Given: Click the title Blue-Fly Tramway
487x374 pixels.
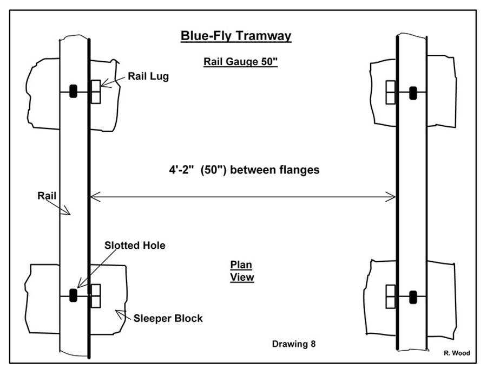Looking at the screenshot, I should (x=235, y=36).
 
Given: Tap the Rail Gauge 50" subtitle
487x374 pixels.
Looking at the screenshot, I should (x=240, y=62).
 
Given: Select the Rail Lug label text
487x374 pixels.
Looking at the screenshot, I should (x=148, y=76).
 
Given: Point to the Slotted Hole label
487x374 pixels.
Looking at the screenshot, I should (x=135, y=246).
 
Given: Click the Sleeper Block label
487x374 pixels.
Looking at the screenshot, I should (x=168, y=318).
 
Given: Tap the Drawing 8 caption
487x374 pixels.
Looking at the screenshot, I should (x=294, y=344).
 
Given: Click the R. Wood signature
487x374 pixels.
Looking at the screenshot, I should (x=457, y=353).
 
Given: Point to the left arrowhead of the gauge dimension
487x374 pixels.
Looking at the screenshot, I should (x=93, y=197).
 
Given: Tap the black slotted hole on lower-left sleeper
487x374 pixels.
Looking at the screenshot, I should (x=73, y=295).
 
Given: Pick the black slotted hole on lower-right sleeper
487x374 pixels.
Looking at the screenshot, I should (x=413, y=297).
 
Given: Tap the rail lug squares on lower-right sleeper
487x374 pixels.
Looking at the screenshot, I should (x=391, y=297).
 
